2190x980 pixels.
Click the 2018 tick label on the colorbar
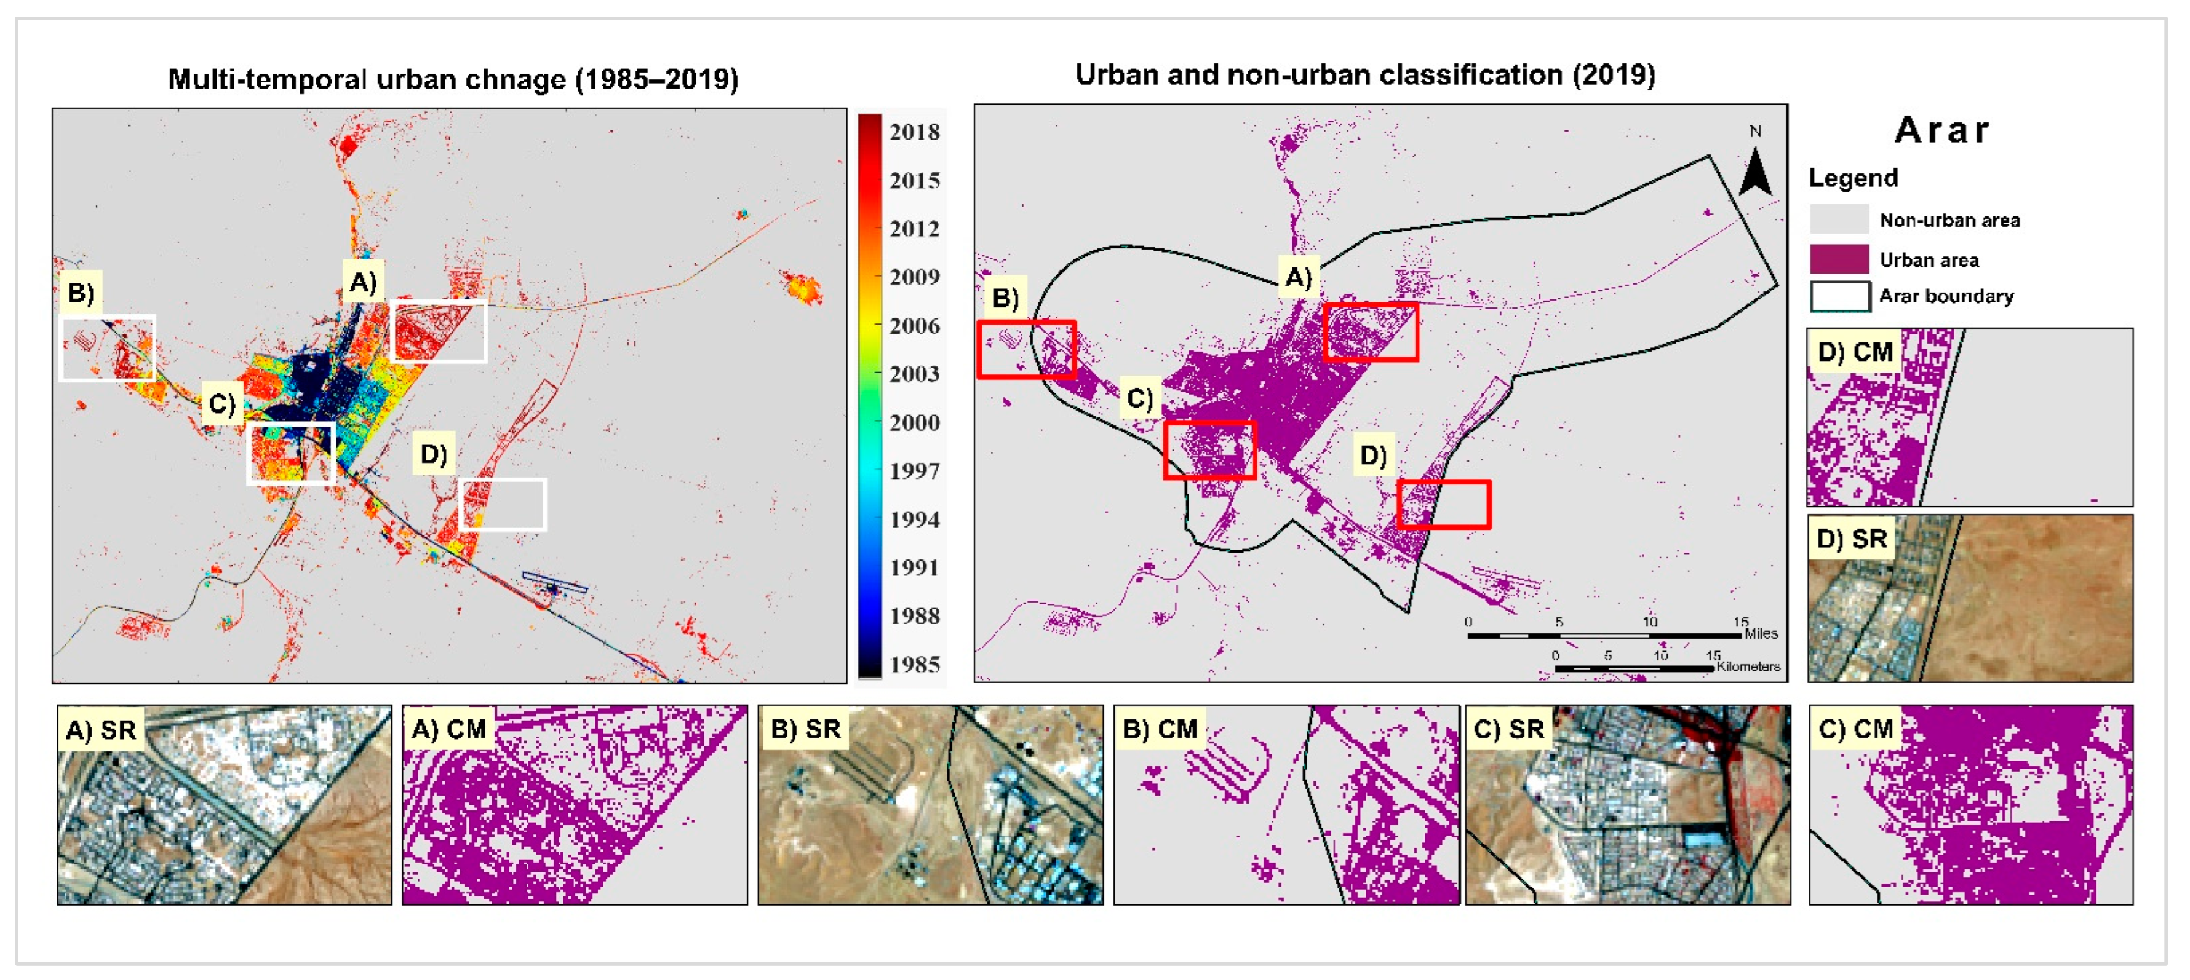[x=914, y=132]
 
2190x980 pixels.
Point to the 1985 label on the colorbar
[x=914, y=664]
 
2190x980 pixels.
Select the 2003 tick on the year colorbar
[x=914, y=373]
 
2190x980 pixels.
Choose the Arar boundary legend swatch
[x=1839, y=296]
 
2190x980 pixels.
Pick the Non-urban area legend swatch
[x=1839, y=219]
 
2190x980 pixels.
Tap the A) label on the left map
[x=363, y=282]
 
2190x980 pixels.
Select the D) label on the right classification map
[x=1373, y=456]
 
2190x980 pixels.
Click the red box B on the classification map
[x=1026, y=349]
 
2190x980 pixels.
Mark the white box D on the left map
[x=503, y=504]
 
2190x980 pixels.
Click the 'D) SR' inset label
[x=1851, y=539]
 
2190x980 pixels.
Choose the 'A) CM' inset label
[x=448, y=729]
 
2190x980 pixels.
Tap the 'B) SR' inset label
[x=804, y=729]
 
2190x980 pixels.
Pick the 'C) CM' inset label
[x=1855, y=729]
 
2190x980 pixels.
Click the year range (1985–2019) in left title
[x=656, y=79]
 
